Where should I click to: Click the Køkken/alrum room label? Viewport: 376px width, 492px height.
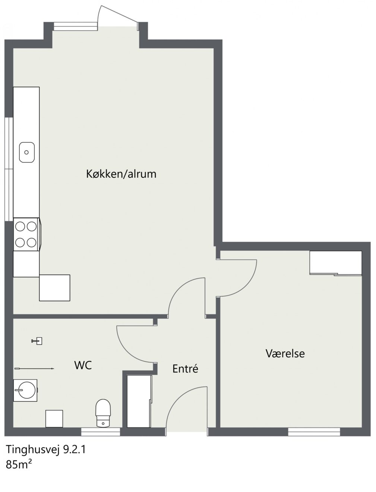121,174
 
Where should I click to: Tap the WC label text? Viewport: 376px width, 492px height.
83,365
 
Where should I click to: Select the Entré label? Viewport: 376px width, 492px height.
185,369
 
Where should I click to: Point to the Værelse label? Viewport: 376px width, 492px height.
285,353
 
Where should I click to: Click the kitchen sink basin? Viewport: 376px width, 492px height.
27,152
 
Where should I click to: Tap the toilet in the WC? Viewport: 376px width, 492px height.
103,413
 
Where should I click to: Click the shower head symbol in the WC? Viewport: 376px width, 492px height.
37,341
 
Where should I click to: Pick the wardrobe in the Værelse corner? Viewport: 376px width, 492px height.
336,263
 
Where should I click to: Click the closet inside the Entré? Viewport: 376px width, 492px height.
139,401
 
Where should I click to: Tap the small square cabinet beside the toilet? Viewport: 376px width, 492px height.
54,419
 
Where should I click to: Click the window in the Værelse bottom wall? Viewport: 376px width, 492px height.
314,432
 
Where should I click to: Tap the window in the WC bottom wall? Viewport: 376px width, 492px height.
101,432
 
